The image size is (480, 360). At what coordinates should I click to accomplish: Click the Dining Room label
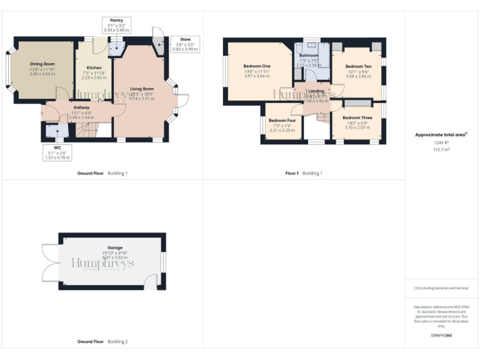[42, 64]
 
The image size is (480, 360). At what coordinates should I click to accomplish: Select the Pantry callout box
[116, 25]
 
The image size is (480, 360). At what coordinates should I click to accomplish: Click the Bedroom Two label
[358, 66]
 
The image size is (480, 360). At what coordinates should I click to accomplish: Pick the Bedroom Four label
[281, 120]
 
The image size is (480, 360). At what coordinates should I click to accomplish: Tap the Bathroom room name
[309, 55]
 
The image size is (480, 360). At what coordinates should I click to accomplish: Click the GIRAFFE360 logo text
[441, 336]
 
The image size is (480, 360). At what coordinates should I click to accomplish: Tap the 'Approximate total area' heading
[440, 134]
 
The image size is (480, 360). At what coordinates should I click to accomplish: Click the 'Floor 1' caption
[292, 173]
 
